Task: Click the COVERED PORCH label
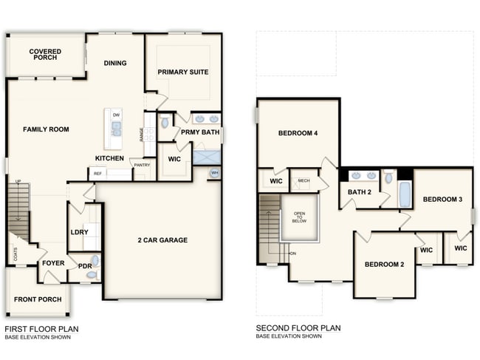[45, 55]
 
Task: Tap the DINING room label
[115, 63]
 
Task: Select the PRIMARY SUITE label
[182, 72]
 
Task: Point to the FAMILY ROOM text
[46, 129]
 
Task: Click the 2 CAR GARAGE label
[162, 240]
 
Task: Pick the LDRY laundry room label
[79, 232]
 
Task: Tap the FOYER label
[53, 262]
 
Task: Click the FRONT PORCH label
[37, 300]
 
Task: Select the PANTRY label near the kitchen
[142, 165]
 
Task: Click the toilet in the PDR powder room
[92, 274]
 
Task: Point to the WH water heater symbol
[214, 173]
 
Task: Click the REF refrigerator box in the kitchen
[97, 174]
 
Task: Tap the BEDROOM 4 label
[298, 134]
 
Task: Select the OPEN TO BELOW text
[299, 215]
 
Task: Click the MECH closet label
[304, 180]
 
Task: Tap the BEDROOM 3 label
[442, 199]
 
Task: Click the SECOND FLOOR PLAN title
[298, 327]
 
